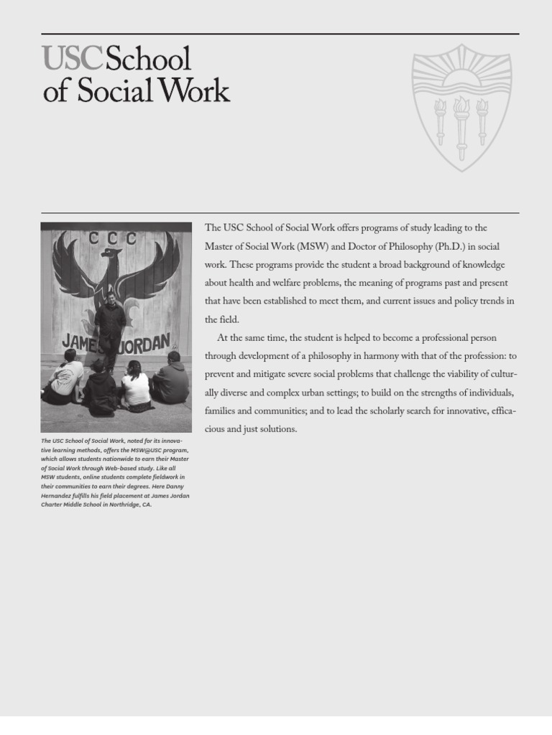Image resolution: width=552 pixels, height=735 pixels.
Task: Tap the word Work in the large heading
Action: tap(195, 93)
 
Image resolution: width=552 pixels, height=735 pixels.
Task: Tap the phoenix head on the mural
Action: tap(110, 253)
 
